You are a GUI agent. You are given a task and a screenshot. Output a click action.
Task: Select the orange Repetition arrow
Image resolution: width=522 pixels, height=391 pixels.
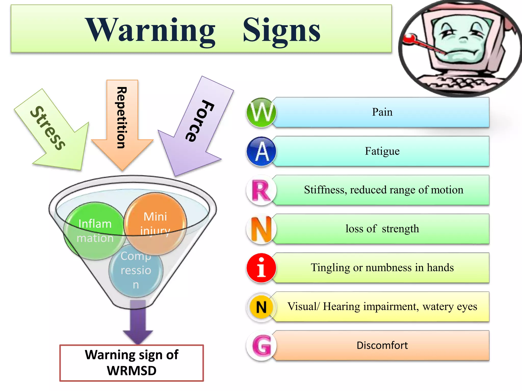pos(122,125)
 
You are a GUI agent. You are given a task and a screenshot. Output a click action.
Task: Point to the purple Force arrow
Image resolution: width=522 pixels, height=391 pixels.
pos(195,126)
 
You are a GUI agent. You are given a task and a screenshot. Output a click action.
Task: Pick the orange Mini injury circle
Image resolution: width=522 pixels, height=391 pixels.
pos(155,224)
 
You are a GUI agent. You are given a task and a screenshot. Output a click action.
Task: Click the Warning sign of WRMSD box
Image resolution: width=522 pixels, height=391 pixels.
pos(132,363)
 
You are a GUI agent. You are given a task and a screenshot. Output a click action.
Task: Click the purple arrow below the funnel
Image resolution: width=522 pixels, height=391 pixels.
pos(138,322)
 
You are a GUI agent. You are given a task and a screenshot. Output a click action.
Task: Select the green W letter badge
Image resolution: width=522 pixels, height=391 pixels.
pos(261,113)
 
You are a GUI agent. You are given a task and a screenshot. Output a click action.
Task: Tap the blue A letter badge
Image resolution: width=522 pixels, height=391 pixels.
pos(261,151)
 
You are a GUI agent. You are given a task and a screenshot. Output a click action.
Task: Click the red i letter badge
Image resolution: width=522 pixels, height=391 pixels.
pos(261,268)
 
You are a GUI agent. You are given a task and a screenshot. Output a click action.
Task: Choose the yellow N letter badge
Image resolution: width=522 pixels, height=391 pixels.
pos(261,307)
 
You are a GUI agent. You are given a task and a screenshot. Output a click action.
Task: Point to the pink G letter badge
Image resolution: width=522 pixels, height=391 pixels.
pos(261,346)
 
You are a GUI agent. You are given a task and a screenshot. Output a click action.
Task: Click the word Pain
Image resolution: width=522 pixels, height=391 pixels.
pos(382,112)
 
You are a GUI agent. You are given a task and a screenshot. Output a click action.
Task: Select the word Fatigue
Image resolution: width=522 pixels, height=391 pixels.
pos(382,151)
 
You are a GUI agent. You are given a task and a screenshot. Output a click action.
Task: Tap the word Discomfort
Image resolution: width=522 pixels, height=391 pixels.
pos(382,345)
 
